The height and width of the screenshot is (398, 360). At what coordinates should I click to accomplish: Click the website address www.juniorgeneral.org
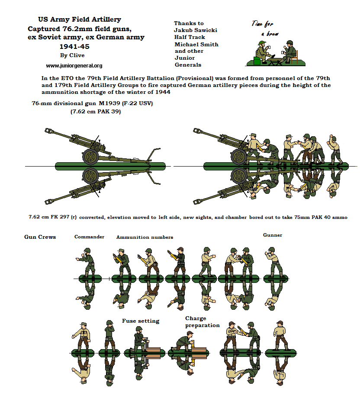(x=74, y=66)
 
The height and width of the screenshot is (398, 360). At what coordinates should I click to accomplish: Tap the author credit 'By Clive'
(x=72, y=55)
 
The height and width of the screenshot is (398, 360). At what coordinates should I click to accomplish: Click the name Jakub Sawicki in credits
(x=196, y=30)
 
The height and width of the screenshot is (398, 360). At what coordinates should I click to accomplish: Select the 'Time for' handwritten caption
(x=262, y=24)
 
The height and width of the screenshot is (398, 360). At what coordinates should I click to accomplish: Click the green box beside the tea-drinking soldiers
(x=257, y=61)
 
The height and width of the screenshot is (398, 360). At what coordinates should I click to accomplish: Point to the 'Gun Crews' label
(x=40, y=237)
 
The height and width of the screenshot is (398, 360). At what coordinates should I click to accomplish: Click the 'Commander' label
(x=89, y=237)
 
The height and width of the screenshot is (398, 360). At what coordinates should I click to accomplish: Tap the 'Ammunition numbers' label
(x=145, y=237)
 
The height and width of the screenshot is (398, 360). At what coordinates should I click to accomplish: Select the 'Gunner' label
(x=273, y=235)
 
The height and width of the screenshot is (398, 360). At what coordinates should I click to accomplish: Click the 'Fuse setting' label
(x=141, y=321)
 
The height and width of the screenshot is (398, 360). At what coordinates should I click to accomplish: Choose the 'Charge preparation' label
(x=202, y=322)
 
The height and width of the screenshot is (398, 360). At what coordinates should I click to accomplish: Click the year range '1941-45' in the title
(x=74, y=47)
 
